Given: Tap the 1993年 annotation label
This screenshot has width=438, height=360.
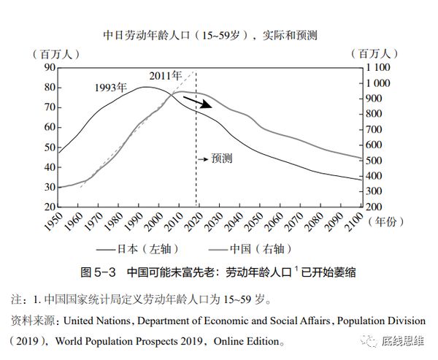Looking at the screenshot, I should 111,88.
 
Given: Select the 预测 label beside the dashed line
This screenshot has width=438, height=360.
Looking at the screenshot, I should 218,158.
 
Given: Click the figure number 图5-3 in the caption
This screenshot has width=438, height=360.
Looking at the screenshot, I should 97,272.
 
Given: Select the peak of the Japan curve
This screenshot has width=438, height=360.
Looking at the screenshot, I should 147,87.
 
